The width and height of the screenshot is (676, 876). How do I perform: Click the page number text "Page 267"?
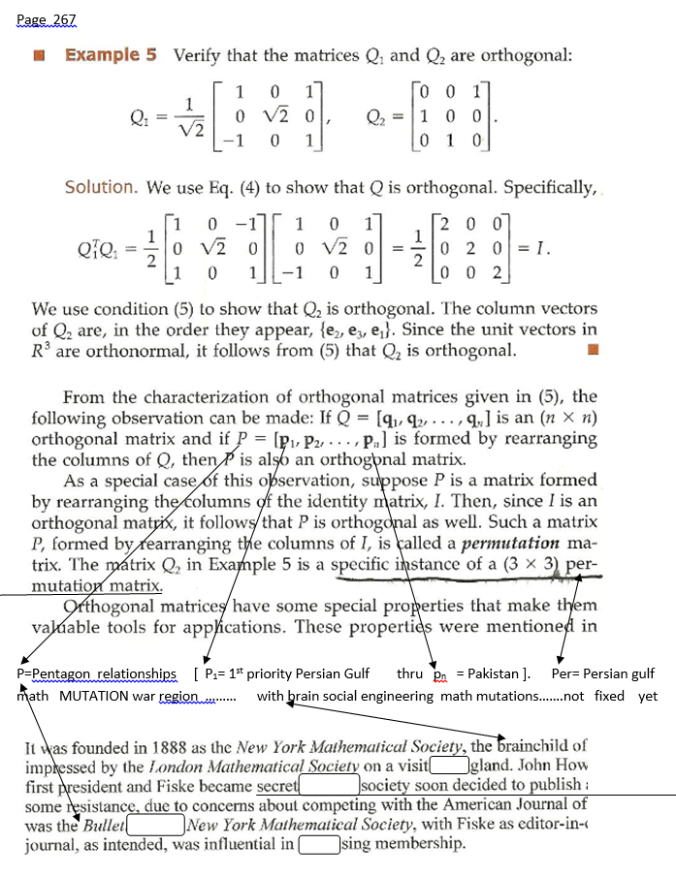[x=46, y=20]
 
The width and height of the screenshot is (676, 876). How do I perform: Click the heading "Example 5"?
[x=111, y=54]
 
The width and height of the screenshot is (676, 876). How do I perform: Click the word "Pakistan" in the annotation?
[x=494, y=673]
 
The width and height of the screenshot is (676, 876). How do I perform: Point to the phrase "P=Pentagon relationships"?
[x=97, y=673]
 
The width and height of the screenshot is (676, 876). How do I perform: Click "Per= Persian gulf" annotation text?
[x=602, y=673]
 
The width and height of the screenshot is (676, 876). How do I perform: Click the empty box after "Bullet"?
[x=155, y=824]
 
